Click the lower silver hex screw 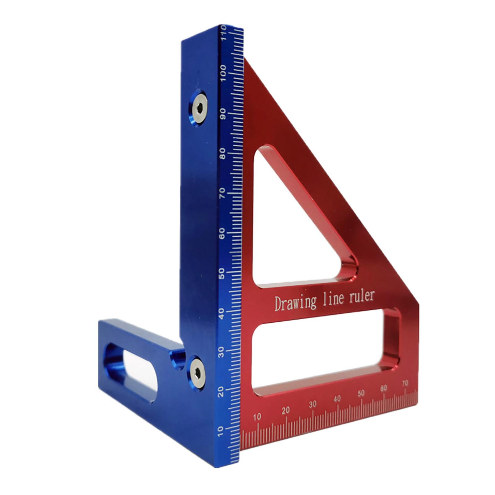(197, 374)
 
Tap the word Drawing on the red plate (295, 303)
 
